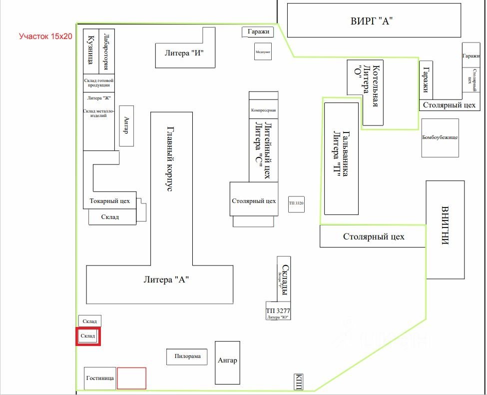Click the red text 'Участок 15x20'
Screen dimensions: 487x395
point(45,36)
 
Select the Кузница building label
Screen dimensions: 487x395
point(91,50)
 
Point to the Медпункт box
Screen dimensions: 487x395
point(263,51)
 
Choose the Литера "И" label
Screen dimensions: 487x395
point(184,52)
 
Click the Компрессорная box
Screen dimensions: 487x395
point(263,110)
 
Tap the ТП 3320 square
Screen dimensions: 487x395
point(296,203)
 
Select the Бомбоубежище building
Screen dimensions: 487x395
point(440,137)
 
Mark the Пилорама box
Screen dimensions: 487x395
point(187,356)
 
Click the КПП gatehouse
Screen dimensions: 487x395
point(299,381)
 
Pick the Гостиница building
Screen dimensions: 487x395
point(100,378)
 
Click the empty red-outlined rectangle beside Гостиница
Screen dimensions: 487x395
point(131,378)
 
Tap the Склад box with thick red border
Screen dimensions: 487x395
point(88,336)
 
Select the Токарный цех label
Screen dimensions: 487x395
point(109,201)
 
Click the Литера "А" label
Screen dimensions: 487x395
point(165,280)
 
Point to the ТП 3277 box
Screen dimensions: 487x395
point(278,311)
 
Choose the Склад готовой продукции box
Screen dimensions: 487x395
point(98,82)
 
